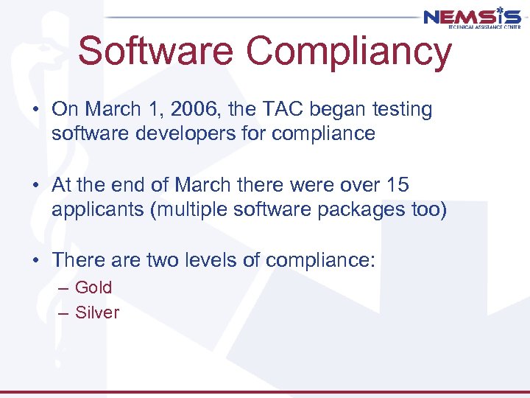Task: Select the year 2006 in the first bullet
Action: click(202, 110)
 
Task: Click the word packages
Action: click(364, 210)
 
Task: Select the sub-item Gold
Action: click(93, 287)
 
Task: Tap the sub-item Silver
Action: click(97, 313)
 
